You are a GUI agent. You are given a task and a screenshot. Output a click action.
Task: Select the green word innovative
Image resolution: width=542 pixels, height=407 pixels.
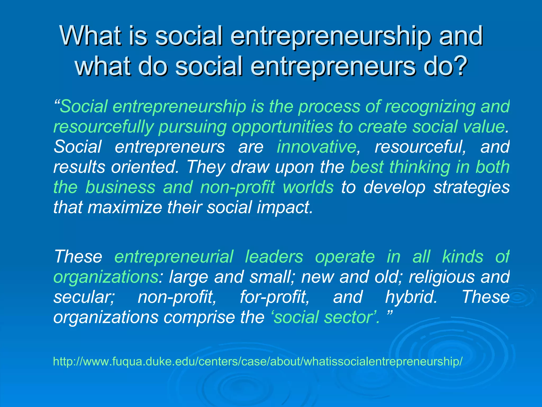(x=317, y=147)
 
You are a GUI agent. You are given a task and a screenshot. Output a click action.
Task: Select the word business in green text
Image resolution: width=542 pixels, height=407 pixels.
(x=120, y=187)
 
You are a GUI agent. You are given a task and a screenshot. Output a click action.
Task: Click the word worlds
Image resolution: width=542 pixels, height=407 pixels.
(x=308, y=187)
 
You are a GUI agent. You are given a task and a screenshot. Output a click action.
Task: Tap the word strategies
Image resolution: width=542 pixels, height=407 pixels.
(x=471, y=187)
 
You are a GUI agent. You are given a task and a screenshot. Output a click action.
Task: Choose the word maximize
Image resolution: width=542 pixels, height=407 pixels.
(x=125, y=207)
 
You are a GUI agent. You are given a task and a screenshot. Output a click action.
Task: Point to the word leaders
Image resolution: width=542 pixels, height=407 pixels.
(x=274, y=257)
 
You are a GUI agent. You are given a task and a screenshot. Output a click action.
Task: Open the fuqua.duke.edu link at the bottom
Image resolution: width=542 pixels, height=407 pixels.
(x=258, y=361)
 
